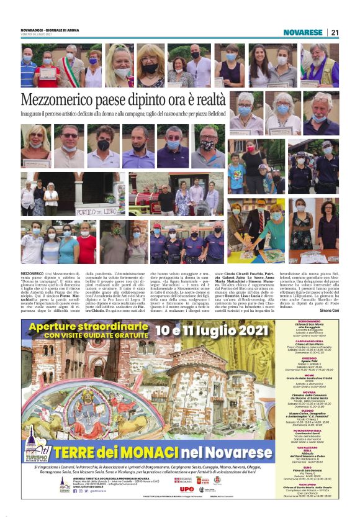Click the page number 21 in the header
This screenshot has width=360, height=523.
[335, 32]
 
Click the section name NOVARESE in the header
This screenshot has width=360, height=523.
[303, 32]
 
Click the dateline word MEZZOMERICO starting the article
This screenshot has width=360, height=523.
[32, 273]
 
